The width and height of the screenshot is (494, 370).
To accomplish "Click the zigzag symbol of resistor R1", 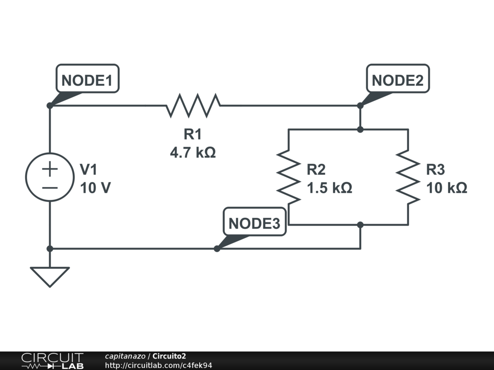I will coord(193,106).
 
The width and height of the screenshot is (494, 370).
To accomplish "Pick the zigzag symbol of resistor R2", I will coord(288,177).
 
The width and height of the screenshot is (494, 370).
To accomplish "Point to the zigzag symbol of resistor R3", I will coord(408,177).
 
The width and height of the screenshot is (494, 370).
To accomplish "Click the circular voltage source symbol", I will coord(50,177).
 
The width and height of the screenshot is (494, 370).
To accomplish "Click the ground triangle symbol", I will coord(50,276).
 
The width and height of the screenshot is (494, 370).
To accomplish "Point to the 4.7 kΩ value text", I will coord(192,153).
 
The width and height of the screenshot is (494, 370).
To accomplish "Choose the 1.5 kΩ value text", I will coord(329,188).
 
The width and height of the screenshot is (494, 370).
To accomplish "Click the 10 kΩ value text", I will coord(447,188).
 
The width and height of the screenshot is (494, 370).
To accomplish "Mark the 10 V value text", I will coord(96,188).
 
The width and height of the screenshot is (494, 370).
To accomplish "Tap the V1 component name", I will coord(89,170).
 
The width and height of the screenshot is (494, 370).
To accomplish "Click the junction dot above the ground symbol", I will coord(50,249).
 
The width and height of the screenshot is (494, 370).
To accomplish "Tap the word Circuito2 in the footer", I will coord(169,356).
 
